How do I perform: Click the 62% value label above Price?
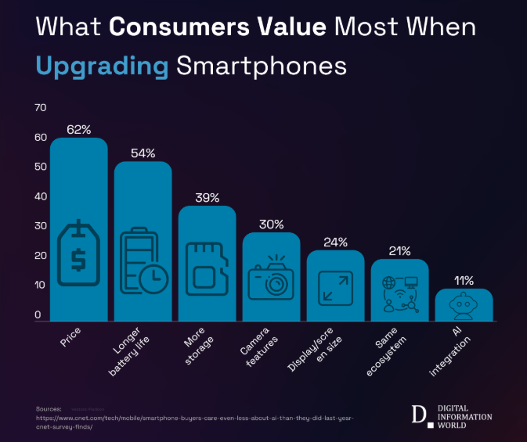click(79, 129)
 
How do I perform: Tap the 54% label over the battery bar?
click(143, 153)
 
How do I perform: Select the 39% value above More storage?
click(207, 198)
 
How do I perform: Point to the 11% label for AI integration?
click(464, 280)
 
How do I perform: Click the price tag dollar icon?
click(79, 255)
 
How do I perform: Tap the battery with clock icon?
click(143, 261)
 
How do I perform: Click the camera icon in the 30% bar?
click(270, 278)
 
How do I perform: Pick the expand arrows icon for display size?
click(335, 287)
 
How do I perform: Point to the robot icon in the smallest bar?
click(464, 307)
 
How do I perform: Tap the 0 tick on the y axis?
click(38, 315)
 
